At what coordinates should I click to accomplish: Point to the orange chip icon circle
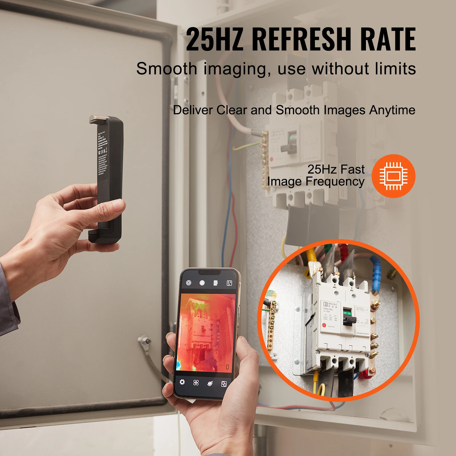tap(393, 176)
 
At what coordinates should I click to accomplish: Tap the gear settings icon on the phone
tap(182, 382)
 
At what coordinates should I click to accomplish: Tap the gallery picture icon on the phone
tap(229, 283)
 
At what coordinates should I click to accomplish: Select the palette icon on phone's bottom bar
tap(210, 384)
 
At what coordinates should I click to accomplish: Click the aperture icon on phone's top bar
tap(188, 283)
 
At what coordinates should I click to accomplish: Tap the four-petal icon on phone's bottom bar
tap(196, 383)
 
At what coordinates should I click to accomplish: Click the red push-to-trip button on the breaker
tap(324, 325)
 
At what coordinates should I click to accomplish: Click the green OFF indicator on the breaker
tap(347, 313)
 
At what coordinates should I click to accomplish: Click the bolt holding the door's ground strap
tap(146, 340)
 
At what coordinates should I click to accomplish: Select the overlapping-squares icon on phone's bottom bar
tap(224, 384)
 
